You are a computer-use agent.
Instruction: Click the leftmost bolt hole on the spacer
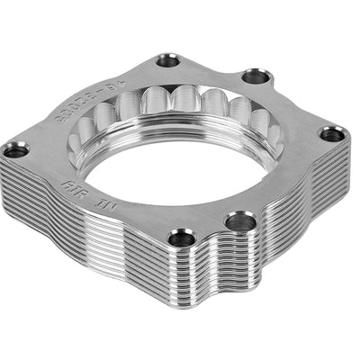coord(15,148)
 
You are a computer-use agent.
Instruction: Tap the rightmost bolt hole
coord(331,135)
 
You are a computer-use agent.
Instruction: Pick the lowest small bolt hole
coord(180,238)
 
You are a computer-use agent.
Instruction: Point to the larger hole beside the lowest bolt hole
coord(239,220)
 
